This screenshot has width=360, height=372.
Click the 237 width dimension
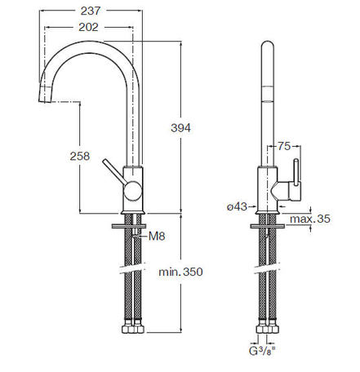[x=91, y=11]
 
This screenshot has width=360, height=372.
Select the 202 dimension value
[x=88, y=27]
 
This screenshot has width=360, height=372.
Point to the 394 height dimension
[x=181, y=127]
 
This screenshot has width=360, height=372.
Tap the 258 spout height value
[x=80, y=156]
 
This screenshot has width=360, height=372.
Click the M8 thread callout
[x=157, y=236]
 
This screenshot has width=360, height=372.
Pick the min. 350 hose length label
[x=180, y=272]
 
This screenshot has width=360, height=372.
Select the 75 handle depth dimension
[x=284, y=146]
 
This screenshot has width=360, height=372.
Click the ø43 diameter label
[x=237, y=207]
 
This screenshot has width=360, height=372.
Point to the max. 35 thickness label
[x=310, y=219]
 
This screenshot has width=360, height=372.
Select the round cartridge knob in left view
[x=133, y=191]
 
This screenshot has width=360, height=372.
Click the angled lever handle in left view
[x=113, y=172]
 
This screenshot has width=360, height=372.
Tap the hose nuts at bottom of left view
[x=133, y=329]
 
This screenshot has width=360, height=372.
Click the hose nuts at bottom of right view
[x=268, y=329]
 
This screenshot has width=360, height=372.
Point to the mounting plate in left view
[x=129, y=226]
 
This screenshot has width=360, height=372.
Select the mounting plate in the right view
[x=268, y=226]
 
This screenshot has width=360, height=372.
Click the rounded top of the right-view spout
[x=268, y=45]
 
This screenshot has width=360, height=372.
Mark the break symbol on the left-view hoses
[x=134, y=268]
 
